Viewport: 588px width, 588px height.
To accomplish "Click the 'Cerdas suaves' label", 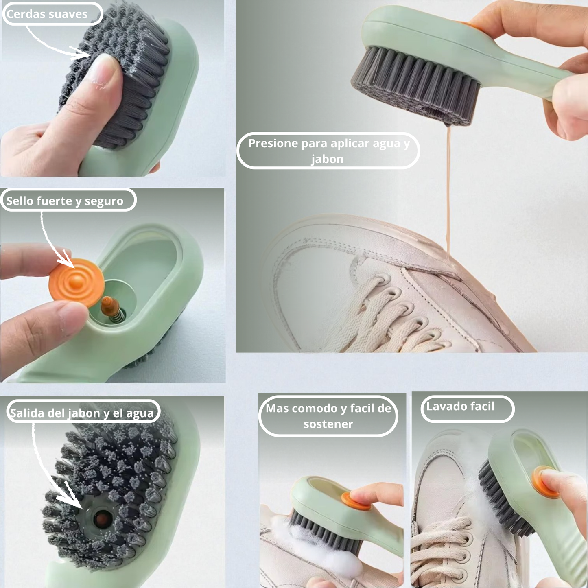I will coord(48,14).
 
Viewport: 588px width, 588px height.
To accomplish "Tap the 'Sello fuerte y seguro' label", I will coord(65,201).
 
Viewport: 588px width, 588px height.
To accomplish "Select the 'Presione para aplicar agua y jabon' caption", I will coord(328,151).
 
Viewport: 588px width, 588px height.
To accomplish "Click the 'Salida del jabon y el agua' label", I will coord(82,413).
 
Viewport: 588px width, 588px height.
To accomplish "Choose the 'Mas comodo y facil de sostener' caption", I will coord(328,416).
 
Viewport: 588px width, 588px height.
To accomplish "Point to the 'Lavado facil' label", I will coord(461,407).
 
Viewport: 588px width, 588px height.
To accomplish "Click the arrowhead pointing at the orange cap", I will coord(68,260).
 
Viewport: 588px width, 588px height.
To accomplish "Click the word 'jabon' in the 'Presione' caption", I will coord(328,159).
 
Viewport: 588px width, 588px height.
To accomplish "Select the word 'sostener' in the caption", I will coord(328,424).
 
